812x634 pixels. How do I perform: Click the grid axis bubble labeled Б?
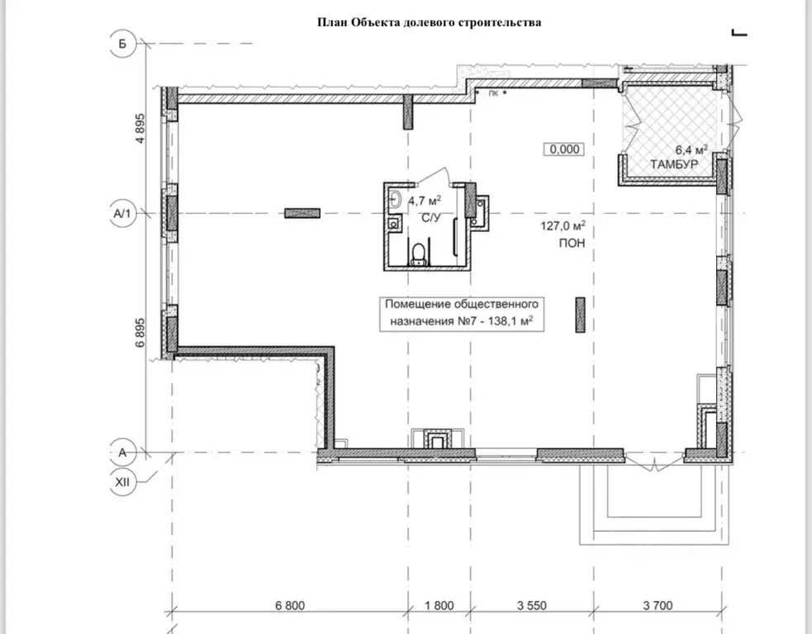pyautogui.click(x=123, y=44)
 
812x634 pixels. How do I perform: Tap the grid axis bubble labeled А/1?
pyautogui.click(x=123, y=213)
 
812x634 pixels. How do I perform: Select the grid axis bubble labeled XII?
pyautogui.click(x=123, y=482)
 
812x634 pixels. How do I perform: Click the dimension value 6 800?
pyautogui.click(x=290, y=606)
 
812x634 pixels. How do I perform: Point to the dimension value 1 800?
pyautogui.click(x=439, y=606)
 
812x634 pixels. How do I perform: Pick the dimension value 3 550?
pyautogui.click(x=532, y=606)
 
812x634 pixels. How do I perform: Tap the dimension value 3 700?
pyautogui.click(x=658, y=606)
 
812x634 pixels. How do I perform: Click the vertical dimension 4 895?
pyautogui.click(x=140, y=128)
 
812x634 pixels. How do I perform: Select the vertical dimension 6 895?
pyautogui.click(x=140, y=332)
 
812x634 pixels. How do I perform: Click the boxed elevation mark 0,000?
pyautogui.click(x=564, y=149)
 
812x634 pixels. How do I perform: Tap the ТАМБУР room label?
pyautogui.click(x=674, y=164)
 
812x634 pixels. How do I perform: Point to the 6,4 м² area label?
pyautogui.click(x=691, y=149)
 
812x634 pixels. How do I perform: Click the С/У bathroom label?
pyautogui.click(x=431, y=218)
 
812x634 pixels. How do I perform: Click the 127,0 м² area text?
pyautogui.click(x=563, y=225)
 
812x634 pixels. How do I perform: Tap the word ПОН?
pyautogui.click(x=572, y=243)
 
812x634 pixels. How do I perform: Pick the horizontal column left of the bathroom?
pyautogui.click(x=302, y=213)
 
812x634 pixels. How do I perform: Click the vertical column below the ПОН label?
pyautogui.click(x=580, y=315)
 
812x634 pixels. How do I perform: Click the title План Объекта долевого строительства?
pyautogui.click(x=429, y=22)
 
